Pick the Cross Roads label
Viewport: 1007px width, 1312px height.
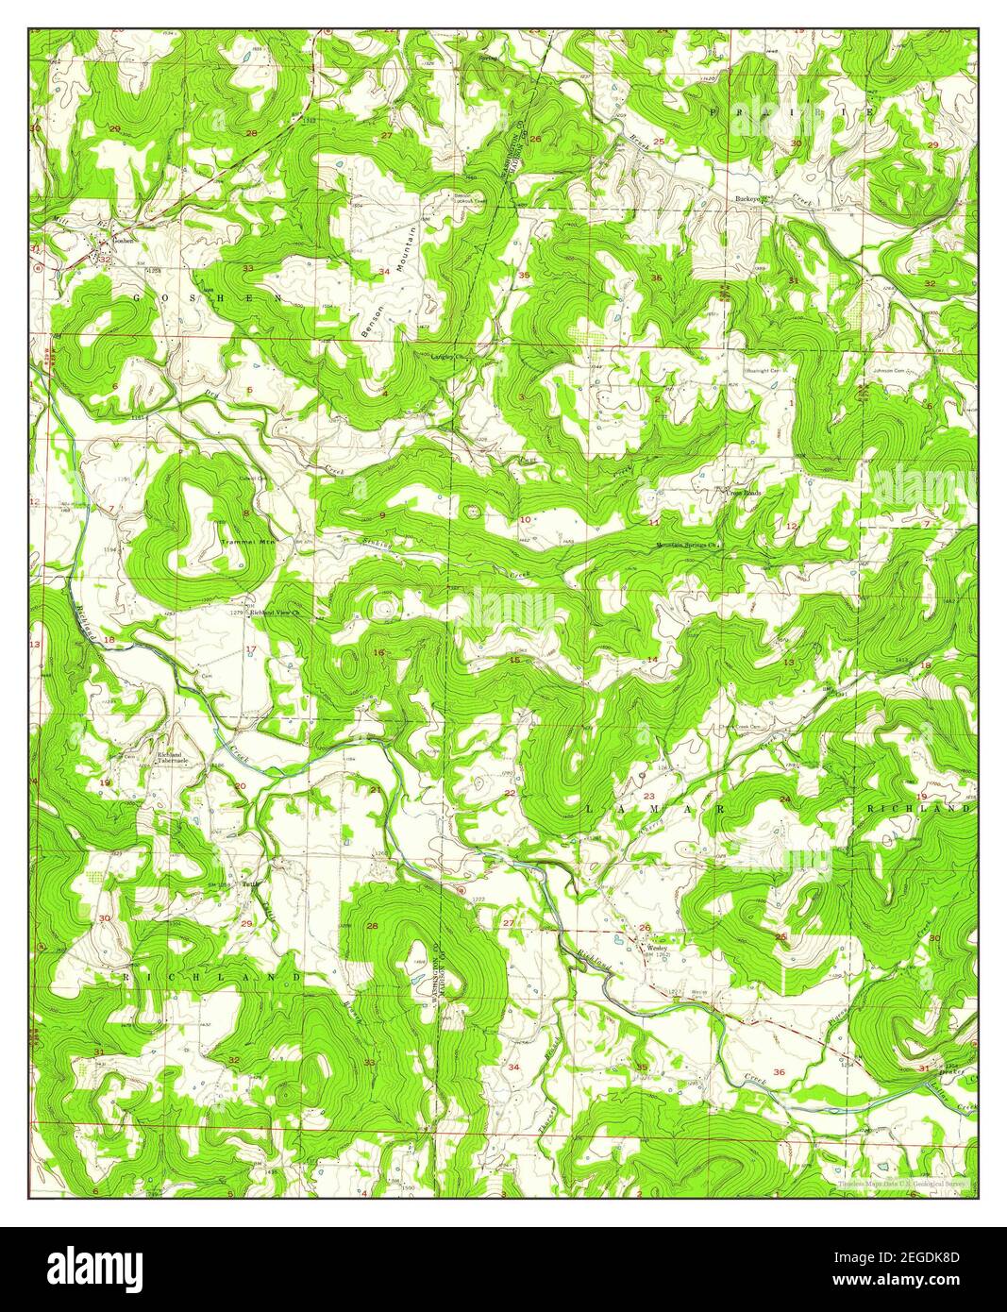point(744,492)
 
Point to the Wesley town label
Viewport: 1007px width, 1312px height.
point(657,948)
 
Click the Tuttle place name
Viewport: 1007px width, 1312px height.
point(250,883)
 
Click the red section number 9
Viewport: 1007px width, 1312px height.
point(381,514)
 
